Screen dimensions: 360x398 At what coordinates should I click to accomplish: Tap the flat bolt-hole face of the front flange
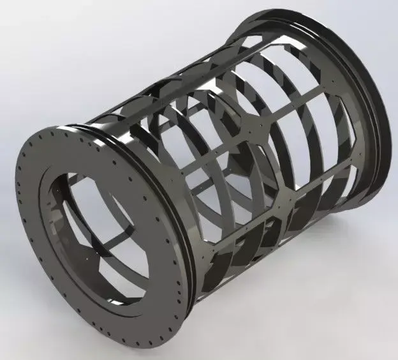[38, 191]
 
